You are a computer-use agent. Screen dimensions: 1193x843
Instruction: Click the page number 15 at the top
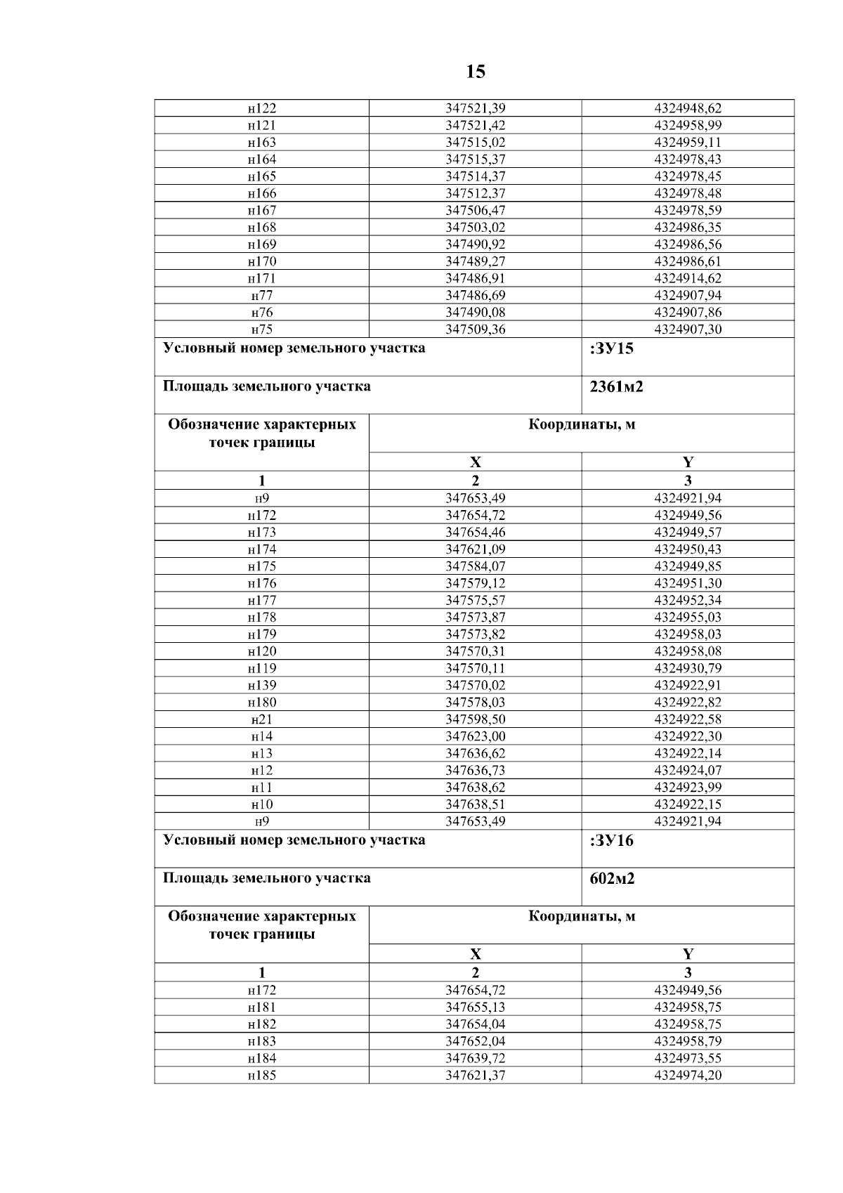[x=475, y=72]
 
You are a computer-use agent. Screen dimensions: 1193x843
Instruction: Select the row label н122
[x=262, y=108]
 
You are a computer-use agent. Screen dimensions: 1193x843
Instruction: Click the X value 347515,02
[x=476, y=143]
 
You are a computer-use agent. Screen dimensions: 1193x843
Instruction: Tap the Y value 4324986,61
[x=688, y=261]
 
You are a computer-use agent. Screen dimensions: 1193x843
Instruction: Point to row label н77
[x=262, y=295]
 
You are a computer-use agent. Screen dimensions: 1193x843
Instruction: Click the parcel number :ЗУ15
[x=612, y=349]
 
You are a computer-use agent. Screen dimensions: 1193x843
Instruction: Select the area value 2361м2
[x=616, y=387]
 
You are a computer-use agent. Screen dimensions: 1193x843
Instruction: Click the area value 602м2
[x=612, y=879]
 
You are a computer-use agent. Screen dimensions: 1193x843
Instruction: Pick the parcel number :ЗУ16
[x=612, y=841]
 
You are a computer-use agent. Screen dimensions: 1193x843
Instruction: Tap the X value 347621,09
[x=476, y=549]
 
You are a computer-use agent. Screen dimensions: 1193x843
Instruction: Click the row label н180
[x=262, y=703]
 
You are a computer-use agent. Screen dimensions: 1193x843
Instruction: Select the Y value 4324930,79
[x=688, y=668]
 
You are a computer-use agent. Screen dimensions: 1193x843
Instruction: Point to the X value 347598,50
[x=476, y=719]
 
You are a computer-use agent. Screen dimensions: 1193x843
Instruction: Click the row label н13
[x=262, y=753]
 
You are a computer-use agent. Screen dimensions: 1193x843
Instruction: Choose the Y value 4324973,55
[x=688, y=1058]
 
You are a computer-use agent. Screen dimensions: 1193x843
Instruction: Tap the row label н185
[x=262, y=1076]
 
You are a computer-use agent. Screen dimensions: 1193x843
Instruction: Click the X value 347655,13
[x=476, y=1008]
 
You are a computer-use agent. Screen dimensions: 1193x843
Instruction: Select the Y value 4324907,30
[x=688, y=330]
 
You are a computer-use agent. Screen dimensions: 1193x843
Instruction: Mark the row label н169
[x=262, y=245]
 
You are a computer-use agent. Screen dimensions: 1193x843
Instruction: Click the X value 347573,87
[x=476, y=618]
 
